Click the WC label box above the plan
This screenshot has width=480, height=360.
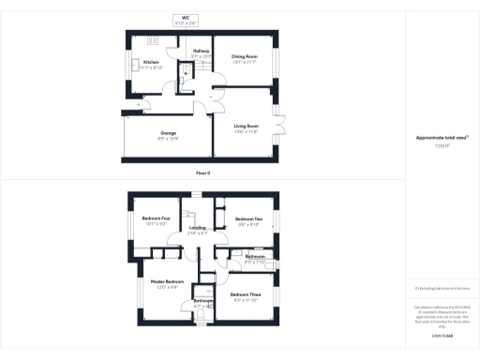pyautogui.click(x=184, y=21)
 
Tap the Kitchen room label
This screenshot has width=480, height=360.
pyautogui.click(x=152, y=63)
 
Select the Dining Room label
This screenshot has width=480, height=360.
pyautogui.click(x=245, y=56)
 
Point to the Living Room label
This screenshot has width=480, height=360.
pyautogui.click(x=245, y=127)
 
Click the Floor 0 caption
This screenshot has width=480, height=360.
pyautogui.click(x=203, y=173)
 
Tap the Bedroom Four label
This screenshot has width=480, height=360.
pyautogui.click(x=155, y=218)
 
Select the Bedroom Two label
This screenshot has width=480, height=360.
pyautogui.click(x=248, y=218)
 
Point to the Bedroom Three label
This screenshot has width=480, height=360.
pyautogui.click(x=245, y=295)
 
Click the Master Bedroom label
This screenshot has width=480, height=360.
pyautogui.click(x=167, y=281)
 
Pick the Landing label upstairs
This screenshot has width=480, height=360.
pyautogui.click(x=197, y=227)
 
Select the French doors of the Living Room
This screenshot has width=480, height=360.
pyautogui.click(x=277, y=129)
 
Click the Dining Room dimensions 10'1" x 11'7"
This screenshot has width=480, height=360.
pyautogui.click(x=245, y=62)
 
